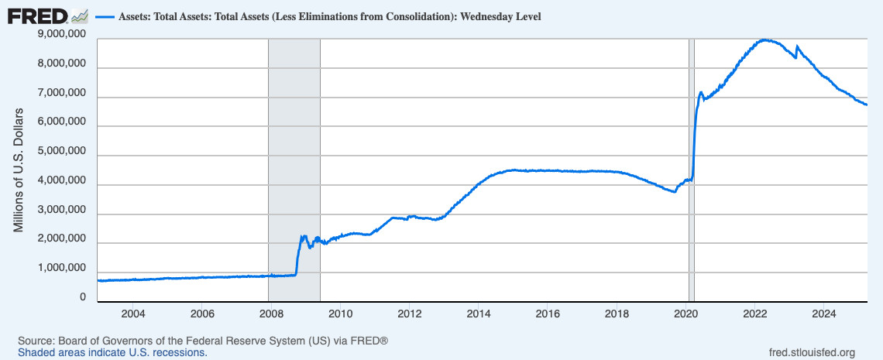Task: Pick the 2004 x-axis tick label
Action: point(132,314)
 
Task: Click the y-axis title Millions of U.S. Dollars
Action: point(19,171)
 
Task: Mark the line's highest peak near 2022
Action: point(765,39)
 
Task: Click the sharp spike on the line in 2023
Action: point(797,46)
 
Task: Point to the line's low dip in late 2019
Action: point(675,191)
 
